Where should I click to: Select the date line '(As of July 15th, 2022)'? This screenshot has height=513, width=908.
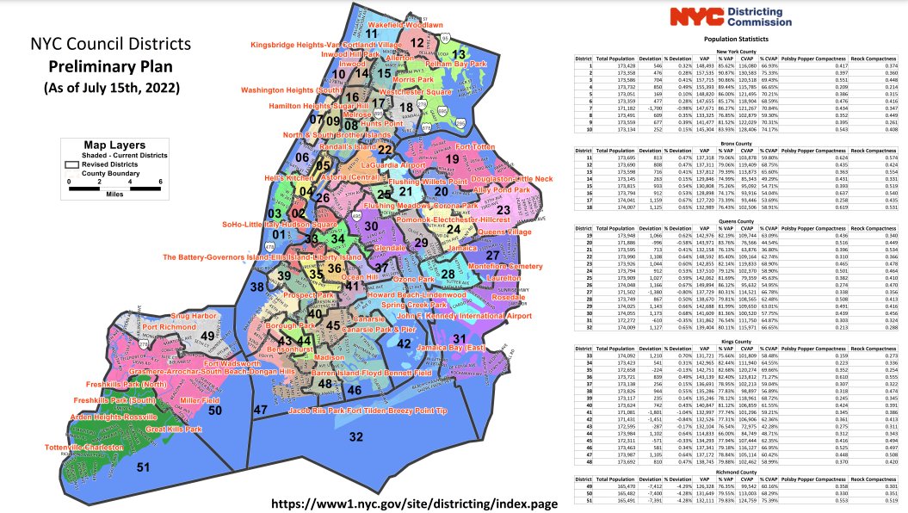pyautogui.click(x=110, y=88)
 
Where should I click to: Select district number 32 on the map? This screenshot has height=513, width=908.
pyautogui.click(x=355, y=436)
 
